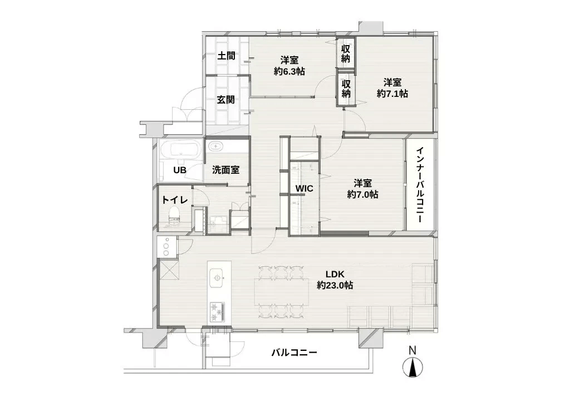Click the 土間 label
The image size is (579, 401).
pos(225,56)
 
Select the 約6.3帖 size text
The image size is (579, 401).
pos(289,71)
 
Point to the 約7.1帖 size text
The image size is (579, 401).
pos(392,94)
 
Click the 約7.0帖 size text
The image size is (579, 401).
pos(363,194)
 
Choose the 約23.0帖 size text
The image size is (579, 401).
pos(335,285)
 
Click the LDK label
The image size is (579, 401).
pos(336,274)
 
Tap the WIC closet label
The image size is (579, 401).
pos(304,189)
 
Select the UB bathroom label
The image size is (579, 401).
pos(179,170)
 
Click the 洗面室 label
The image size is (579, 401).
pos(225,170)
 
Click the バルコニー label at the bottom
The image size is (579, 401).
pos(294,353)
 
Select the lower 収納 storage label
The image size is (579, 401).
pos(346,89)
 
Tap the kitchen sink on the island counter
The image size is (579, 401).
pos(217,275)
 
